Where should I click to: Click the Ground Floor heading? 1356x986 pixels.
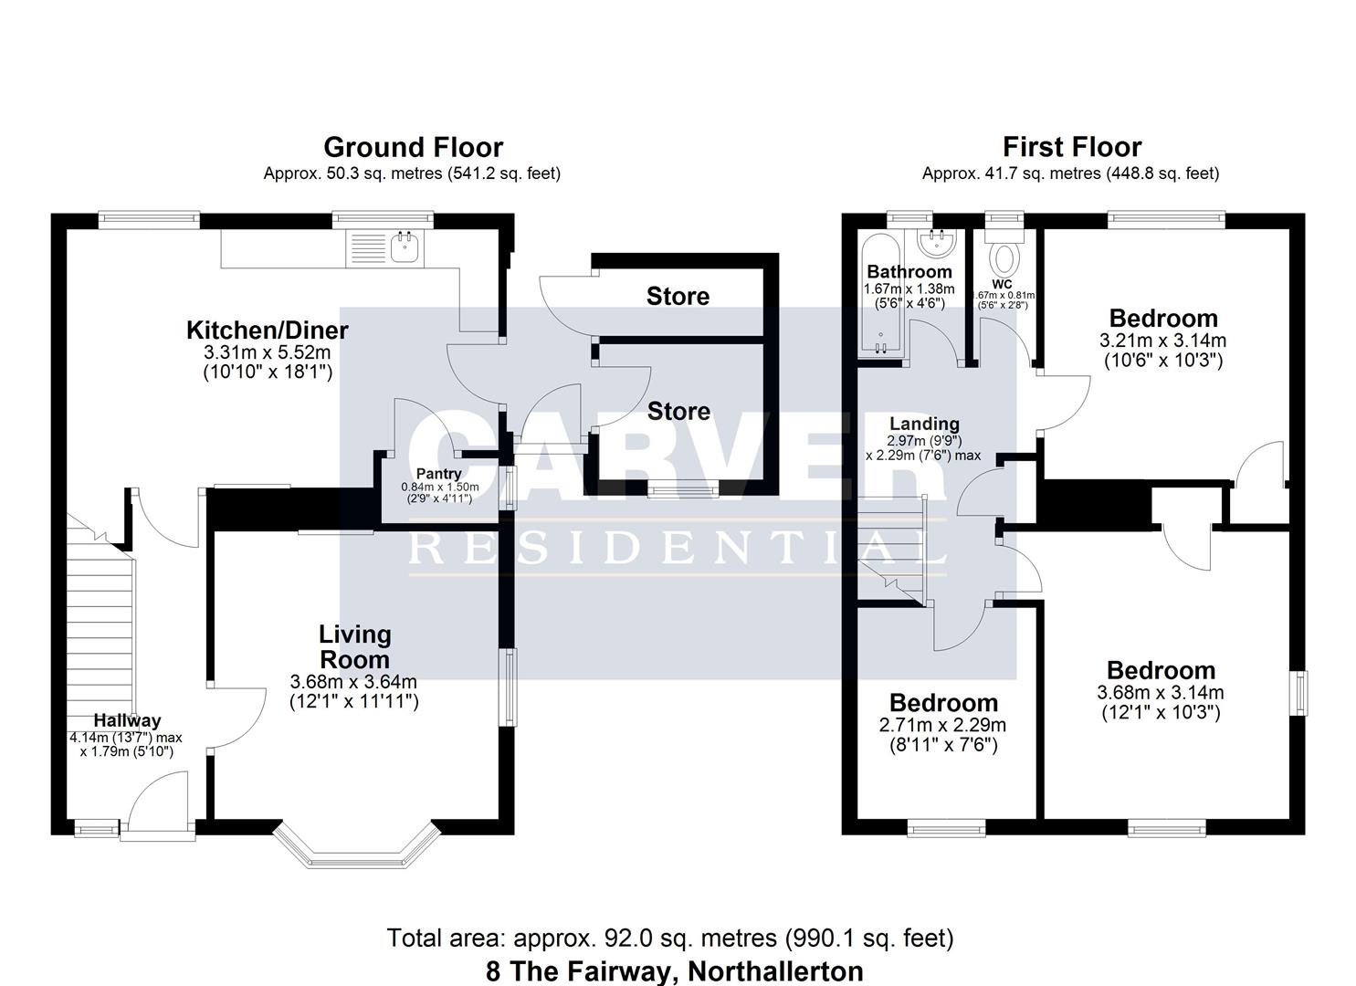pos(413,147)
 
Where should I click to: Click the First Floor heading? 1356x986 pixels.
pos(1071,147)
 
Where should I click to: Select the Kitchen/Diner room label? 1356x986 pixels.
pos(267,330)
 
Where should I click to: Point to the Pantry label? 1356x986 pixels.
pos(438,474)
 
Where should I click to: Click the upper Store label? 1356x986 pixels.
pos(678,296)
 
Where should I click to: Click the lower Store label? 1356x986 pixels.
pos(678,412)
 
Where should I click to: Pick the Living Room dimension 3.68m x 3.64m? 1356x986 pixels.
pos(353,681)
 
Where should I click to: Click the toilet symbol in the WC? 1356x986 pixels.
pos(1005,258)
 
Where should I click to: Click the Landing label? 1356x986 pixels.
pos(924,424)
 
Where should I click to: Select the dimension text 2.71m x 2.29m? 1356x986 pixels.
pos(942,725)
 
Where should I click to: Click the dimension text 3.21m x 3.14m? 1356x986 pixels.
pos(1162,341)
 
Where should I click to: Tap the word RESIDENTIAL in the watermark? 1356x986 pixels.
pos(677,548)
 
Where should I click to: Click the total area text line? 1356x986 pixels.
pos(670,938)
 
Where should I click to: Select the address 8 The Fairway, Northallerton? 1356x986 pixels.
pos(674,970)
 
